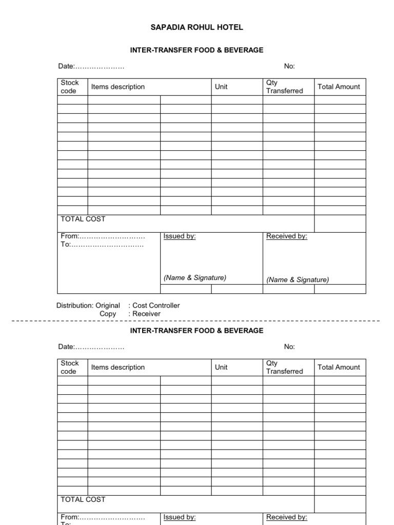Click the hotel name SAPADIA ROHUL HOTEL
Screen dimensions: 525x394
[196, 27]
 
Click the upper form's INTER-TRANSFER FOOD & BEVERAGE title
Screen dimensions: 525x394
[196, 50]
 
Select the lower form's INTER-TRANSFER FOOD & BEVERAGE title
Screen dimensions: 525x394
[196, 331]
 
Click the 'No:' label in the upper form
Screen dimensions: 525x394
[289, 66]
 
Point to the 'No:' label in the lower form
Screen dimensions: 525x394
[289, 347]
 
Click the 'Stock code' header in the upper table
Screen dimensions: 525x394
[70, 87]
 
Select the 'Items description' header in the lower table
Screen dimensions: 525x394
[118, 367]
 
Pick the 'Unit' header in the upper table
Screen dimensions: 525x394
[221, 87]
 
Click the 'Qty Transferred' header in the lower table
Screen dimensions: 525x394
[284, 367]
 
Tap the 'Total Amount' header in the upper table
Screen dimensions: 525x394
[339, 87]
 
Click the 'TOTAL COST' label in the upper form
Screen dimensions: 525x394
[83, 219]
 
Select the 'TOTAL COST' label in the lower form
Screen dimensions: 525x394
[83, 499]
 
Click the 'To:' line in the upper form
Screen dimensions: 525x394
[102, 245]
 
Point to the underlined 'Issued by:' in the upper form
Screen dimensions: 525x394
[180, 236]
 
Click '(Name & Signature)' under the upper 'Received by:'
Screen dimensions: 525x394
[298, 280]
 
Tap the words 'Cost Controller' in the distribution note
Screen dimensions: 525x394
[156, 306]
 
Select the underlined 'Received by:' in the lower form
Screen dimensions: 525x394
[286, 517]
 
